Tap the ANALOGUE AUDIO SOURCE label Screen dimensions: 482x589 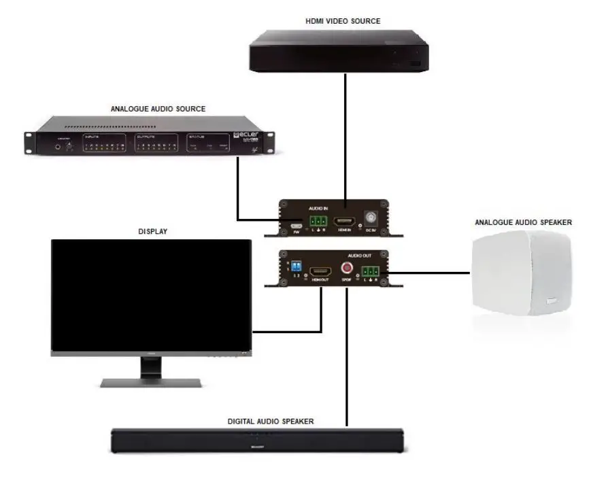[x=158, y=108]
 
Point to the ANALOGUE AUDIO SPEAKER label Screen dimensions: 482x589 [x=523, y=222]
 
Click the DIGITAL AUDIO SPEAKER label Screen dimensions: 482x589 [x=270, y=421]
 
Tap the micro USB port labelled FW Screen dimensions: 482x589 [x=297, y=224]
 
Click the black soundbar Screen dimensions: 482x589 [x=259, y=441]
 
